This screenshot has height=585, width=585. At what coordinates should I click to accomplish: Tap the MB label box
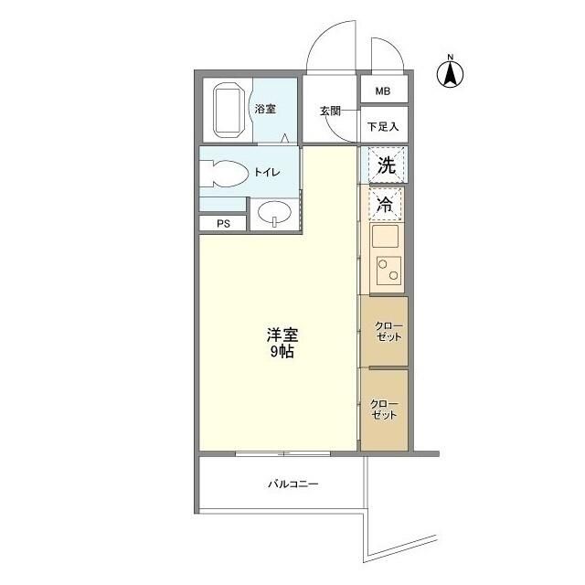(381, 90)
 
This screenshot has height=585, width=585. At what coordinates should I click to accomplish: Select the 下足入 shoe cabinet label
(381, 126)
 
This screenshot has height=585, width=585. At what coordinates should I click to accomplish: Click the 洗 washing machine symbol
(386, 166)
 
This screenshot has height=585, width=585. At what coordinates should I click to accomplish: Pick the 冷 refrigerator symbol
(386, 206)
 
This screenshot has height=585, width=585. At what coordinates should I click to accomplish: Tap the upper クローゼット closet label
(388, 332)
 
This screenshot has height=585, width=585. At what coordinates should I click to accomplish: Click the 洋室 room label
(282, 335)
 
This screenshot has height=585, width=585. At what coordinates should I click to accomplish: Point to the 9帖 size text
(282, 353)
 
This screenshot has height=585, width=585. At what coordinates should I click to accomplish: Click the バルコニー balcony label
(292, 484)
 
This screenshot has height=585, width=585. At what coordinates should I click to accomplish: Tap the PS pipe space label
(222, 223)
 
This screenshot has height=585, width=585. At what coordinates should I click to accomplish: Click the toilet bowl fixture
(227, 174)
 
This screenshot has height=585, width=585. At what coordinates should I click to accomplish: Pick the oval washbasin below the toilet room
(274, 215)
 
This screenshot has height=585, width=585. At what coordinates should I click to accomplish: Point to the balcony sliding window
(283, 452)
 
